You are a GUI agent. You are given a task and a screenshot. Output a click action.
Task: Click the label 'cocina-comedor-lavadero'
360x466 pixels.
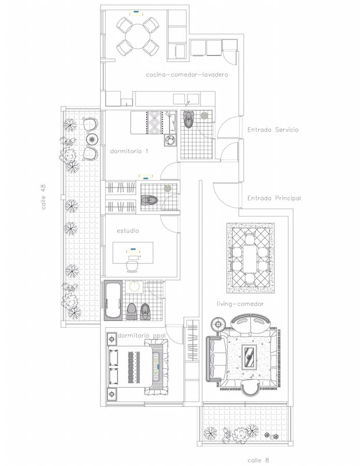click(x=187, y=75)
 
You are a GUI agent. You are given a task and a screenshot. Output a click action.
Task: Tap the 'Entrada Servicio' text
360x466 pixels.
click(x=273, y=129)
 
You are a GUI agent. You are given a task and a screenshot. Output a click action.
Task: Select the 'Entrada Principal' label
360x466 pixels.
click(x=274, y=198)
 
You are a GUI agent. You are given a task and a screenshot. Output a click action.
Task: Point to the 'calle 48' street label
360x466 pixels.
click(x=44, y=197)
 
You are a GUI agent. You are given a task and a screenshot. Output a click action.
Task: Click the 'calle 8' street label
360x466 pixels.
click(x=258, y=460)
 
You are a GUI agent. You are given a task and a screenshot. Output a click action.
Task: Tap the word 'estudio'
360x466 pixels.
click(x=127, y=230)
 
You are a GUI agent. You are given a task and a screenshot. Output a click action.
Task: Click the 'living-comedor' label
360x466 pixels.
click(x=240, y=304)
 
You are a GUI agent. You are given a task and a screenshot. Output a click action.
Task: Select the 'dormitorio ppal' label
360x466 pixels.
click(x=141, y=336)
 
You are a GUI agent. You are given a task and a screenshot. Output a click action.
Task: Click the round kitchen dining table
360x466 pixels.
click(x=138, y=36)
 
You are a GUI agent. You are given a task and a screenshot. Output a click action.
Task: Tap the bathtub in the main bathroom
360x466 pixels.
click(x=113, y=300)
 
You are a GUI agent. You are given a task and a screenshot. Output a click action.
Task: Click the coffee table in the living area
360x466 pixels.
click(x=249, y=357)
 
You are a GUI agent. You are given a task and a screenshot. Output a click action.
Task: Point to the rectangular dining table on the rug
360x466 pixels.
click(x=250, y=258)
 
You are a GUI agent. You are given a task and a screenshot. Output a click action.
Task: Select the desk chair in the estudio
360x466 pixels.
click(x=133, y=266)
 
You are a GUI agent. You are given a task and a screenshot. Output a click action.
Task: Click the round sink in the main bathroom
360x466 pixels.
click(x=134, y=287)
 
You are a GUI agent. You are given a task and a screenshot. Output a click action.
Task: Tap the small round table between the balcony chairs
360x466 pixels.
click(x=92, y=139)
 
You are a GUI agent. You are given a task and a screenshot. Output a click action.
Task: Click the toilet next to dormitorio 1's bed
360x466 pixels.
click(x=189, y=119)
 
